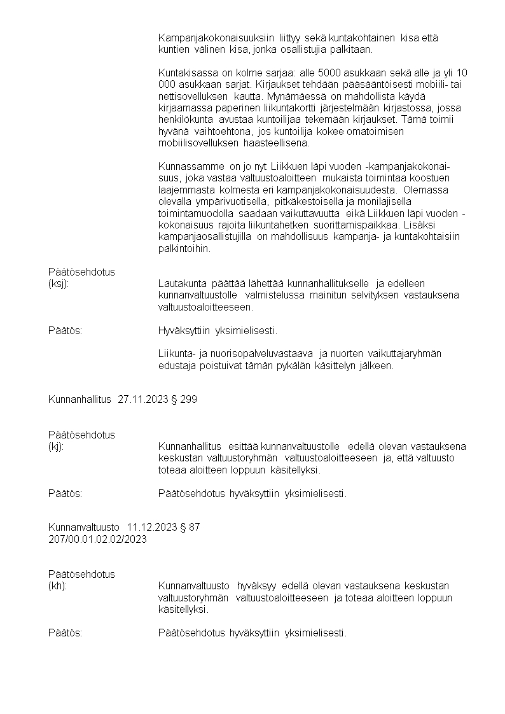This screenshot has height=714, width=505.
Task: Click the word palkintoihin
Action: tap(184, 249)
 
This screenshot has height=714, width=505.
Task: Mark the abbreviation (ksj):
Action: tap(59, 283)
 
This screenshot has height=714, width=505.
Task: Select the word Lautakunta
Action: tap(181, 283)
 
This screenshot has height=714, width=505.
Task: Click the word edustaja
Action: tap(177, 366)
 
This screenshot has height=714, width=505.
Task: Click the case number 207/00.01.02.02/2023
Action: tap(97, 539)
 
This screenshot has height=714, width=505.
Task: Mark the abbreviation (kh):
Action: tap(57, 585)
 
